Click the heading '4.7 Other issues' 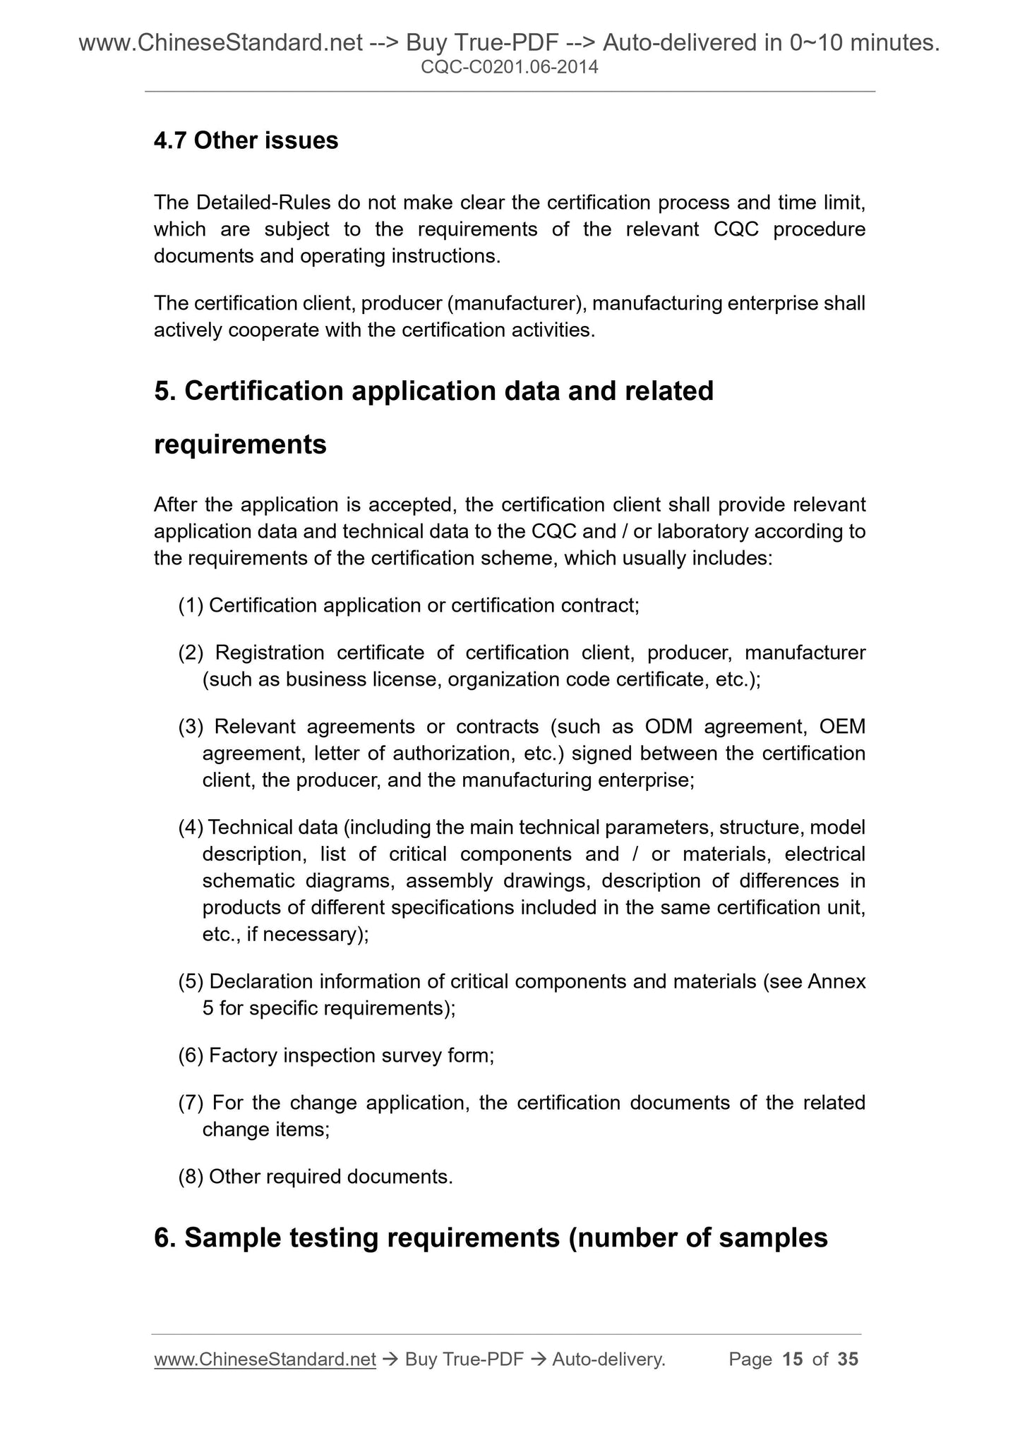246,141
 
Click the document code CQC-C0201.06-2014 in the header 509,68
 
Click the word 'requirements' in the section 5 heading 240,444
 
